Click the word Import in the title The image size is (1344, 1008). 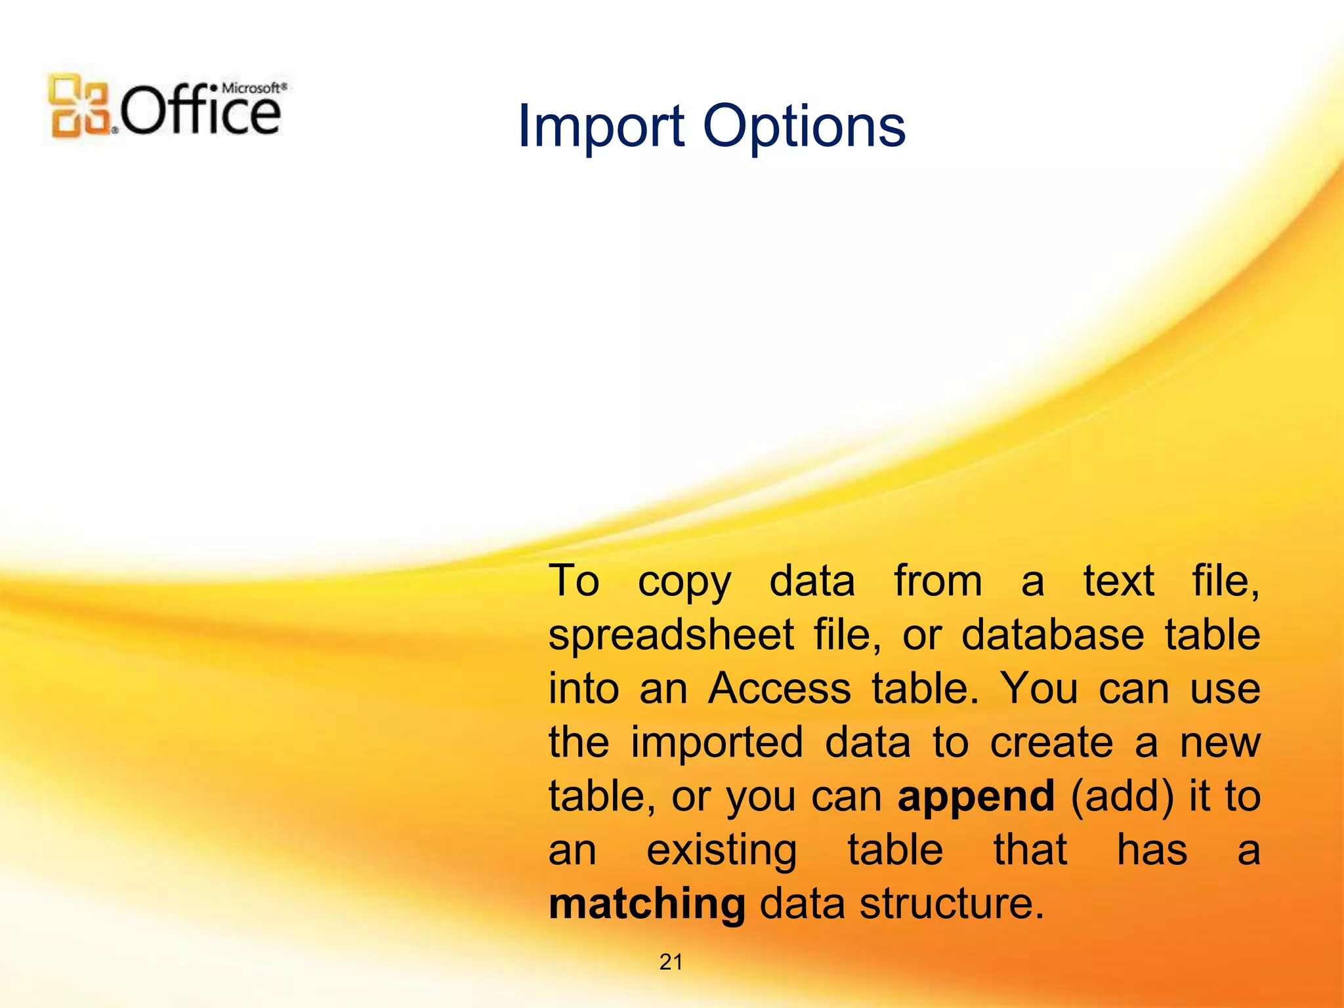coord(601,126)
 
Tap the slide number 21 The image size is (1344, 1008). coord(671,962)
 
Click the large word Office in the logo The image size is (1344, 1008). coord(200,112)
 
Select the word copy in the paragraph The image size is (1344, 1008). coord(684,582)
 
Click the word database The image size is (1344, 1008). coord(1053,635)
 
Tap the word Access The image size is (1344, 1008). coord(779,689)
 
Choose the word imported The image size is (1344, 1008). coord(717,743)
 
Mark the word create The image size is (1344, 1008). coord(1051,743)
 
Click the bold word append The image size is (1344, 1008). coord(976,797)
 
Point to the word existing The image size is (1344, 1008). coord(721,850)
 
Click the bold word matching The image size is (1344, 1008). coord(646,904)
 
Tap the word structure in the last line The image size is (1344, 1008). coord(951,904)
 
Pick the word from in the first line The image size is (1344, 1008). coord(938,581)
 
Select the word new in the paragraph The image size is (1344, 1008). coord(1220,743)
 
